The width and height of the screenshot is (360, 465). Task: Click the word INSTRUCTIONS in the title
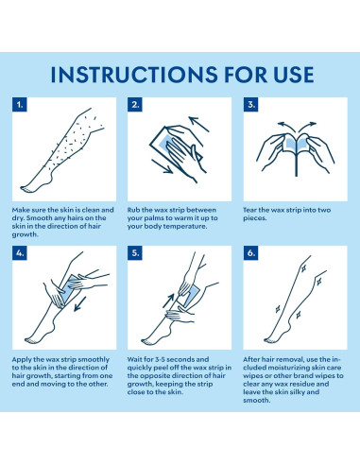(134, 75)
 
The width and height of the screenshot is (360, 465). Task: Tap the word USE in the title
(294, 75)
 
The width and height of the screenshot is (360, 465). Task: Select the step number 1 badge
(20, 105)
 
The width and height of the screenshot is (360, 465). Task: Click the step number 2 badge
(135, 105)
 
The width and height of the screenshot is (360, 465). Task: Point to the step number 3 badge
(250, 105)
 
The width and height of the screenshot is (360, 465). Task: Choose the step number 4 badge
(20, 253)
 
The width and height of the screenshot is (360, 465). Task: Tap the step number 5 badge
(135, 253)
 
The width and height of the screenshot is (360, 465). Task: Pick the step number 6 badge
(250, 253)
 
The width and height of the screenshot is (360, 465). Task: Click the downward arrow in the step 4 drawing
(80, 303)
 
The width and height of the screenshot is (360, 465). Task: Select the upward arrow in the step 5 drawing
(168, 301)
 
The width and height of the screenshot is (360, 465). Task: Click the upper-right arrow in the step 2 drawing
(198, 124)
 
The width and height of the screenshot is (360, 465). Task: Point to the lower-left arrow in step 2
(162, 166)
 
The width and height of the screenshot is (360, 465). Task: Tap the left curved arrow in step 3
(286, 127)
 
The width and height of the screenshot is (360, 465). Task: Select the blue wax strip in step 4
(70, 290)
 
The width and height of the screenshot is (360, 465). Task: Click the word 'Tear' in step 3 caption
(249, 210)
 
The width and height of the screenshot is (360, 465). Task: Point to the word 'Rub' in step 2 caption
(133, 210)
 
